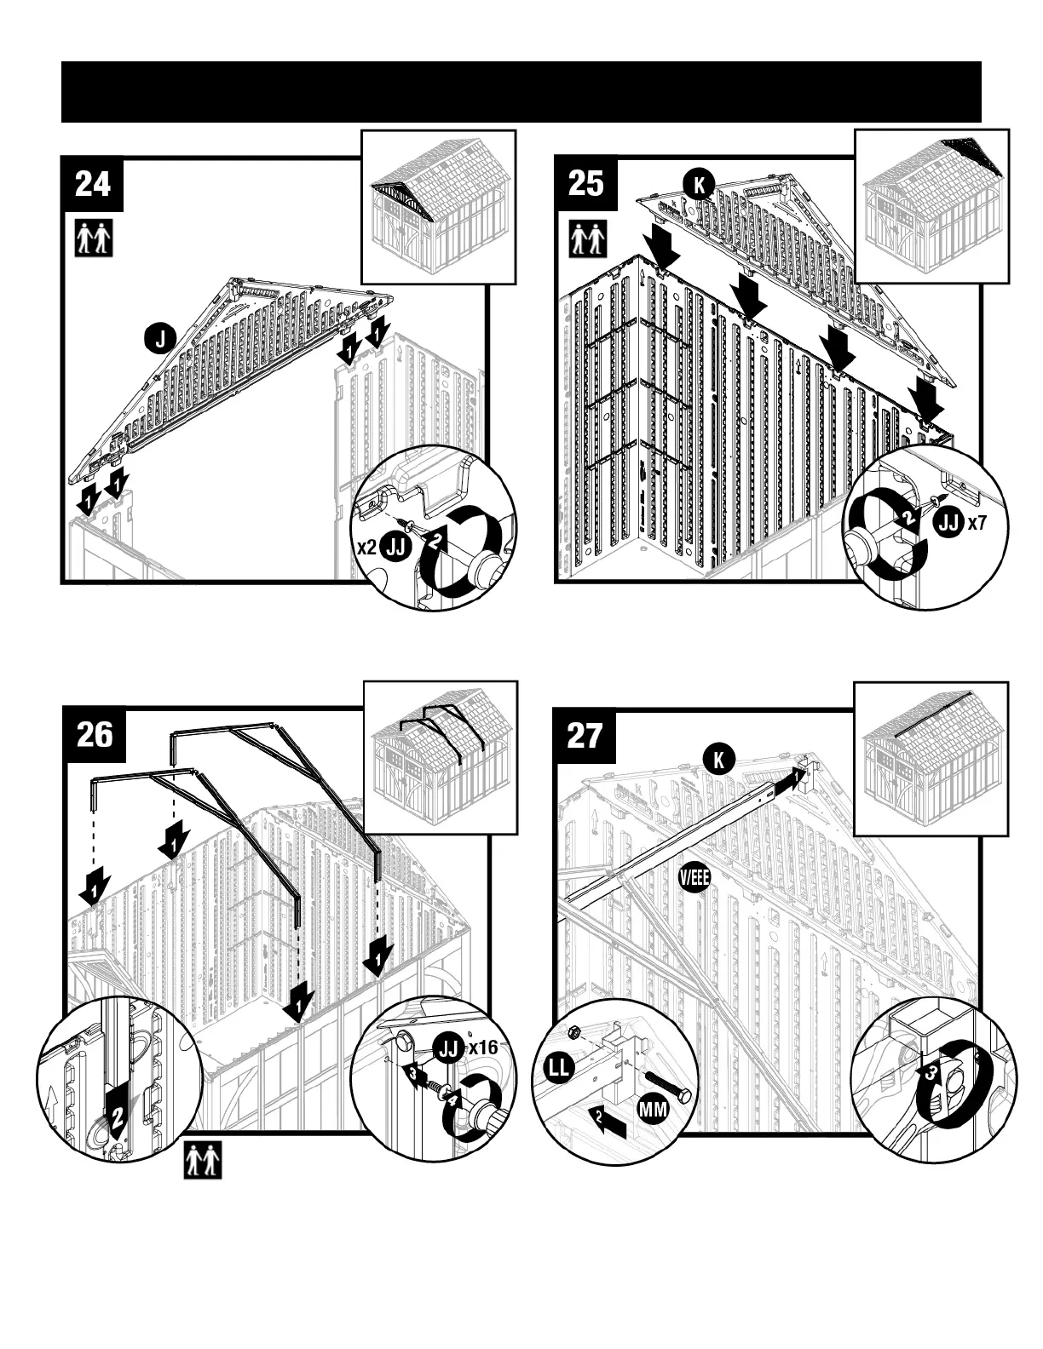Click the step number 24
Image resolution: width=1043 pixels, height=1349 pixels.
(x=93, y=184)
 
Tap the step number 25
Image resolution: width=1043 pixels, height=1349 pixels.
(x=585, y=184)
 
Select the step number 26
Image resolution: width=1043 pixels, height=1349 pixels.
(x=94, y=734)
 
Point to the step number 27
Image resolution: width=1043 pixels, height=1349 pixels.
(x=585, y=734)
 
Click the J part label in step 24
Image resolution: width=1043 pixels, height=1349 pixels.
(x=159, y=339)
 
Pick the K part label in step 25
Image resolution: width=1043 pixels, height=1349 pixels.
(x=698, y=185)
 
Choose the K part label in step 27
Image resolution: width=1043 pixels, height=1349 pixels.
(x=718, y=759)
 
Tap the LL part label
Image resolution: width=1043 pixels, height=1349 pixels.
(x=560, y=1070)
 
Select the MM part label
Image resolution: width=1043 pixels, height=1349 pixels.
(x=653, y=1110)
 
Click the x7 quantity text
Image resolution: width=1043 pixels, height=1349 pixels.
(x=976, y=524)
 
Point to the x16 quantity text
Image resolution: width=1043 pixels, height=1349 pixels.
(x=483, y=1048)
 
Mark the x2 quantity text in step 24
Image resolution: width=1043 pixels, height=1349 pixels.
(x=366, y=547)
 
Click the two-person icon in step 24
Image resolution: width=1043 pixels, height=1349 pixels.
(x=94, y=238)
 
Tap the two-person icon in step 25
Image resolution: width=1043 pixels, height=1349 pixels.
(x=588, y=239)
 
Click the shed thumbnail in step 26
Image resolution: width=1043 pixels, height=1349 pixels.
(x=441, y=758)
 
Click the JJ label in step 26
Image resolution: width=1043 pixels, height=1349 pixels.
(x=449, y=1048)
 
